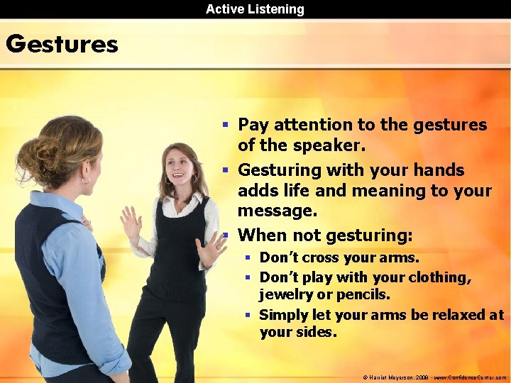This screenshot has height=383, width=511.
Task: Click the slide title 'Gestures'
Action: [x=62, y=44]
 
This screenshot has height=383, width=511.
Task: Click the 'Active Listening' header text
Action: [x=255, y=9]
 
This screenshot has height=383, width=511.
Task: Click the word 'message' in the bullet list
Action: [x=276, y=211]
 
